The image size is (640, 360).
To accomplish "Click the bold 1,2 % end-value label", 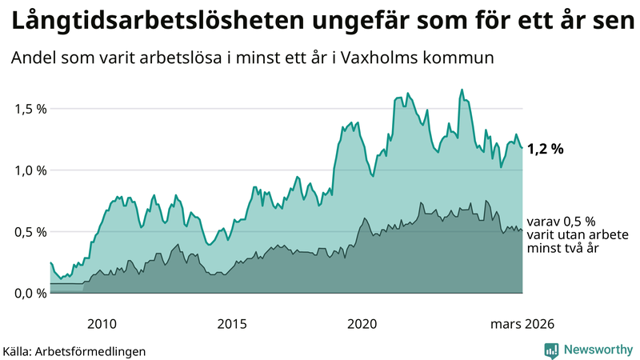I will pos(546,148).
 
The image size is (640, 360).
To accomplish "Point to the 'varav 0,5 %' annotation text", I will pos(558,222).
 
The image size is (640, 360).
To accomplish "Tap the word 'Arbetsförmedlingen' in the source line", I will pos(95,351).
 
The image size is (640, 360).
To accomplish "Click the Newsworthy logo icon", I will pos(551,350).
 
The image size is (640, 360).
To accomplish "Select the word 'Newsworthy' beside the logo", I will pos(598,350).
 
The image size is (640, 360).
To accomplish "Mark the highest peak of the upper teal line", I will pos(462,90).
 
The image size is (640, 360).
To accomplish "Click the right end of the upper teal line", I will pos(522,148).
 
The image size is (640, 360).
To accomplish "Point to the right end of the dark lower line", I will pos(522,230).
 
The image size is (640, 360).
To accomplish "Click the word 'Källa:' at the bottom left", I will pos(22,351).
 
